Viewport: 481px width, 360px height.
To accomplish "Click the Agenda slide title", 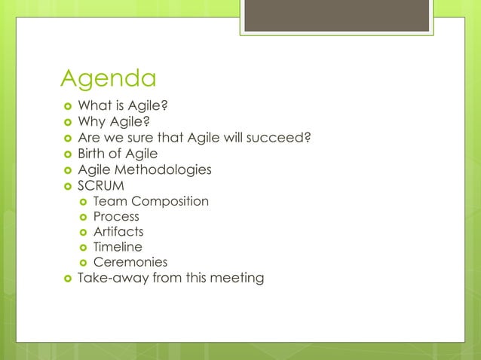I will coord(109,78).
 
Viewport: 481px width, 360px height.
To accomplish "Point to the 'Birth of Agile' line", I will coord(118,154).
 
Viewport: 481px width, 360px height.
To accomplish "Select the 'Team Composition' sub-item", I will coord(151,201).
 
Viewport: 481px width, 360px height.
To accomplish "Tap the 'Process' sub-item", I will coord(116,217).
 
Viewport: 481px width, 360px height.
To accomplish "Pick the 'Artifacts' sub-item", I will coord(118,232).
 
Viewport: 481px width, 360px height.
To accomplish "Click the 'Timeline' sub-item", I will coord(118,247).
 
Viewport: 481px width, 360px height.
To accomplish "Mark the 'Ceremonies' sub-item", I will coord(130,263).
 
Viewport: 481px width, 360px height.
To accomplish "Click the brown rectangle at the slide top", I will coord(336,15).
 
